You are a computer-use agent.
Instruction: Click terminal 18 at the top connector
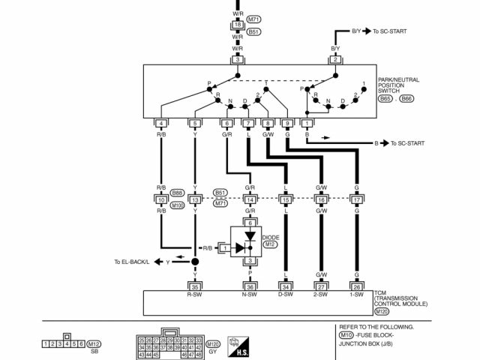(x=238, y=25)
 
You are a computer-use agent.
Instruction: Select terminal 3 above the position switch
(x=238, y=58)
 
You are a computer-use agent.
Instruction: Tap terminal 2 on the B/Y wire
(x=335, y=58)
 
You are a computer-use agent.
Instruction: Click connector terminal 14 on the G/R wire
(x=250, y=200)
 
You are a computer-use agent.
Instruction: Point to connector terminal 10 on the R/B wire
(x=161, y=200)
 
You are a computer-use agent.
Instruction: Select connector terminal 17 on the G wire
(x=356, y=200)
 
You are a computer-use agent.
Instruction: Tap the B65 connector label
(x=385, y=97)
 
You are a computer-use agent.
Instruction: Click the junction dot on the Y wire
(x=195, y=261)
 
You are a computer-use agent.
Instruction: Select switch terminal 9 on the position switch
(x=286, y=123)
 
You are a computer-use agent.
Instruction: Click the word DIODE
(x=271, y=237)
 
